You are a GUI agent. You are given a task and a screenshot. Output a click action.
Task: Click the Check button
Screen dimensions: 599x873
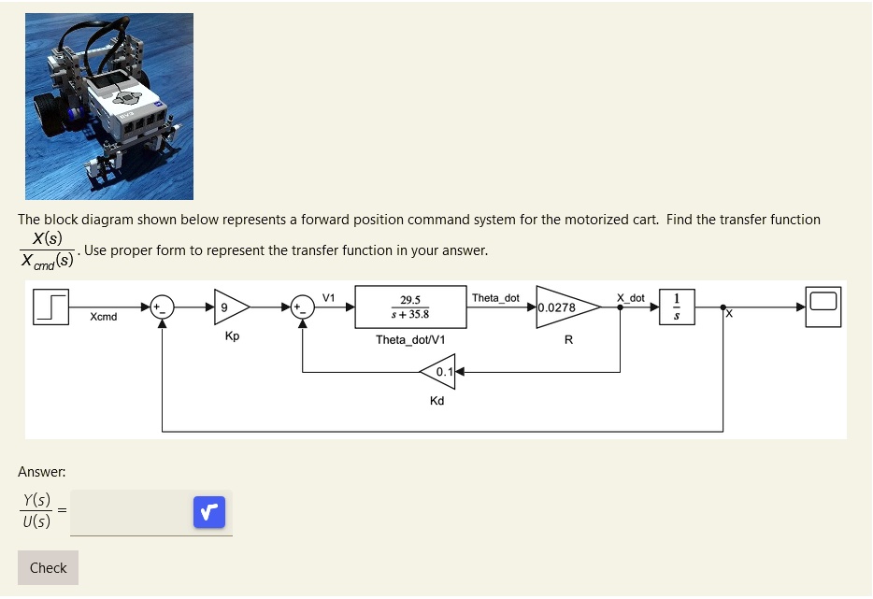click(x=48, y=567)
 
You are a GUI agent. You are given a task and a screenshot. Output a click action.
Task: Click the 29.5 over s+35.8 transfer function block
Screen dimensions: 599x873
click(x=410, y=307)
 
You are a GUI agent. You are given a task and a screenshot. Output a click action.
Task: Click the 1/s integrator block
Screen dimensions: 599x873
click(x=678, y=307)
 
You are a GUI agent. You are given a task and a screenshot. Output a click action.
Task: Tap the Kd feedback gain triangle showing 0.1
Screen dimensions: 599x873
click(x=437, y=372)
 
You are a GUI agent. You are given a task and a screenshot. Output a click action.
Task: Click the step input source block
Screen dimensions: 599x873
click(x=52, y=307)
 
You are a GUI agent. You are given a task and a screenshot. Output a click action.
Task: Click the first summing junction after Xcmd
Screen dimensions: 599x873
click(x=163, y=307)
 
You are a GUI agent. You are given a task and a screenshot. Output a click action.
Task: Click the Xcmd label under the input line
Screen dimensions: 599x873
click(x=104, y=317)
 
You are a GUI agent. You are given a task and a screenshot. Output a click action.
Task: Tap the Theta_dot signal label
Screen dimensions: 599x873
click(x=495, y=298)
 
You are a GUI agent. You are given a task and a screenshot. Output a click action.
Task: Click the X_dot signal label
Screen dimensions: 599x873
click(x=630, y=298)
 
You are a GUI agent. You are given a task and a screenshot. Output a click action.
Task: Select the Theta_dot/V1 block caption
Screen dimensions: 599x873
click(x=410, y=339)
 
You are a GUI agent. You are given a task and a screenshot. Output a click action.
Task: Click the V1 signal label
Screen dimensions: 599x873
click(x=328, y=297)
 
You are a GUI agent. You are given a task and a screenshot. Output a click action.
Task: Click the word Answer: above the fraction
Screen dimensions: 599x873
click(x=41, y=472)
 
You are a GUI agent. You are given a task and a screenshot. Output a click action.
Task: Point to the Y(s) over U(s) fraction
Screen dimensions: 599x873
click(x=36, y=511)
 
